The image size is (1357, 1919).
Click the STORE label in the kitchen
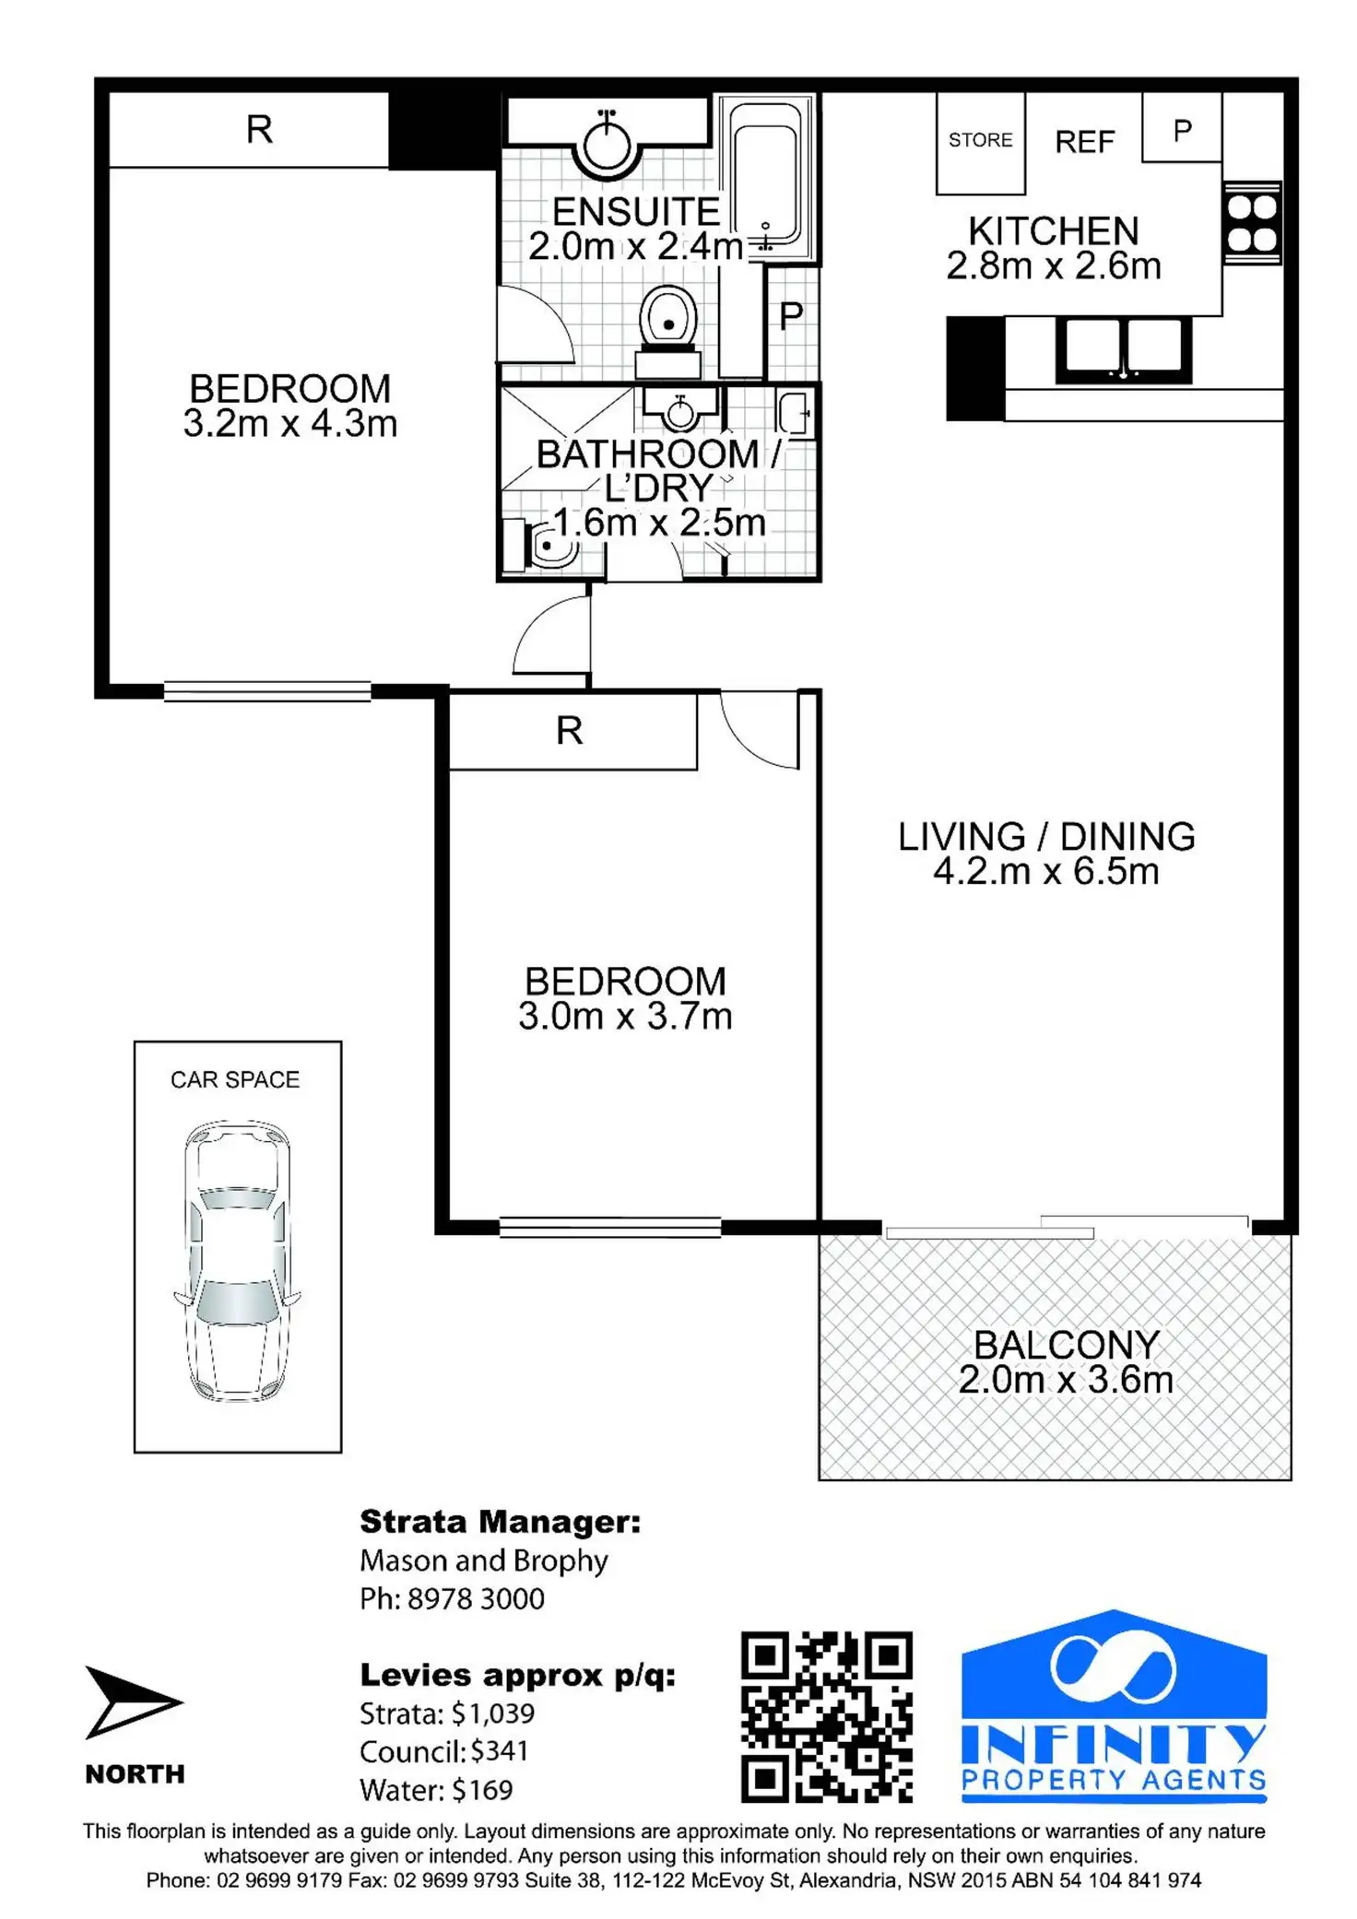point(980,140)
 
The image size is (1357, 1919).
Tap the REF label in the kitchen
point(1084,142)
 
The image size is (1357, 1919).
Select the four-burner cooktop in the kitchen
point(1252,223)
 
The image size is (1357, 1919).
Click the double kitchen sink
point(1124,349)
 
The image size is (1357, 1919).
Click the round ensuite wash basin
point(606,144)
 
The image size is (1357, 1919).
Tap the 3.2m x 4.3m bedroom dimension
point(290,424)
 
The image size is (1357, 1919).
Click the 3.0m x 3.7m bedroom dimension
point(625,1017)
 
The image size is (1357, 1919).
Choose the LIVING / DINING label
point(1046,836)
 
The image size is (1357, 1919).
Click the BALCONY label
point(1067,1345)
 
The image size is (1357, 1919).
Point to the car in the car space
point(238,1261)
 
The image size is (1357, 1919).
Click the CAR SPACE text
point(235,1079)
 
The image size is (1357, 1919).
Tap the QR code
point(827,1716)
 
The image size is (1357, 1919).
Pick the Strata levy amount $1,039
point(492,1713)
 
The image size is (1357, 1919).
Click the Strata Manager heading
point(500,1522)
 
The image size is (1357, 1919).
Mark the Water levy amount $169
point(482,1790)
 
